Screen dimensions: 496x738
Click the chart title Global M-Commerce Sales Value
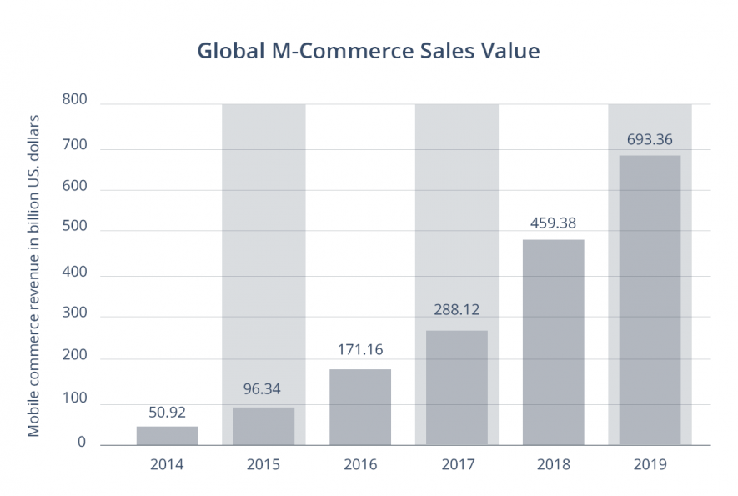tap(368, 51)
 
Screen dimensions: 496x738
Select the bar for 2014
tap(167, 436)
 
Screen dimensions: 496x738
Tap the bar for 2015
tap(264, 426)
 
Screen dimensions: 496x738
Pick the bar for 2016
tap(360, 407)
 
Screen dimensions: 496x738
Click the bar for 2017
tap(457, 388)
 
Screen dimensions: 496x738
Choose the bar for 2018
tap(554, 342)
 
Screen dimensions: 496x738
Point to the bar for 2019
tap(650, 300)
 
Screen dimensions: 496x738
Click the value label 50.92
tap(167, 412)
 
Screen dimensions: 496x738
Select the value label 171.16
tap(360, 349)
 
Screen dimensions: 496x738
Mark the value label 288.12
tap(457, 310)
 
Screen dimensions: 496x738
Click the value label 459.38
tap(554, 223)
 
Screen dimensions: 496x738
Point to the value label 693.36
tap(650, 139)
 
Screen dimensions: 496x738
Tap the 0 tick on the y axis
tap(82, 443)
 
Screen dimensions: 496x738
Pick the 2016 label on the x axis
tap(360, 464)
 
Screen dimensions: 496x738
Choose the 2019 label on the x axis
tap(650, 464)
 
